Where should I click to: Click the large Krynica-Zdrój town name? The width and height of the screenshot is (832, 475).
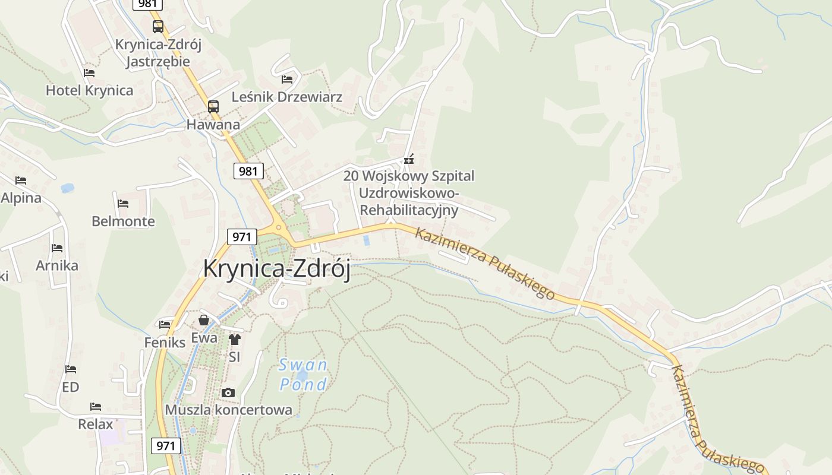276,268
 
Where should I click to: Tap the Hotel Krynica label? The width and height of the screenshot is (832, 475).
89,91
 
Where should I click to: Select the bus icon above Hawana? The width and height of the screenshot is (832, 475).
213,107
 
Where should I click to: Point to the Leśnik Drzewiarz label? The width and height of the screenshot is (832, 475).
287,97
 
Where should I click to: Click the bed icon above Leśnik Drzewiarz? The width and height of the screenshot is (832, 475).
287,79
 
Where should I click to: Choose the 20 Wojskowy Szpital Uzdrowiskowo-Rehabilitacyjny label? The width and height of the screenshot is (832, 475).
409,193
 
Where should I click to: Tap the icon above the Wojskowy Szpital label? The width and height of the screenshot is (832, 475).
408,159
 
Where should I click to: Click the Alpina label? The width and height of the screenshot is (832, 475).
21,198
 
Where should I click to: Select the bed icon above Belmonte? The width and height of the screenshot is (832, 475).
123,203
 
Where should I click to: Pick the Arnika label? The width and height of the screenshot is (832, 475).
57,265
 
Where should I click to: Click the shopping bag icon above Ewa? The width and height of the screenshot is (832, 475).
204,321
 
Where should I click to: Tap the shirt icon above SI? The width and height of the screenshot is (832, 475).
234,340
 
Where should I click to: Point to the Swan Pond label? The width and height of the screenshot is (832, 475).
303,375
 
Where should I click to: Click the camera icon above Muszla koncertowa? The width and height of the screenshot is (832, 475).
228,393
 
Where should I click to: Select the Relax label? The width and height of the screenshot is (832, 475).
95,425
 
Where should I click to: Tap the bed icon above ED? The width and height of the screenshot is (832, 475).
71,369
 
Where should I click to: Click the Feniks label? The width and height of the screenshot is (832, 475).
165,343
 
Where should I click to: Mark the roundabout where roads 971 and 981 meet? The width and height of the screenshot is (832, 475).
278,227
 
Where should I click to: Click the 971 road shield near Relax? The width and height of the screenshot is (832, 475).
166,446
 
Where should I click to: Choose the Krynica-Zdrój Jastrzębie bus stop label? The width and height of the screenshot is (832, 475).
158,53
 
